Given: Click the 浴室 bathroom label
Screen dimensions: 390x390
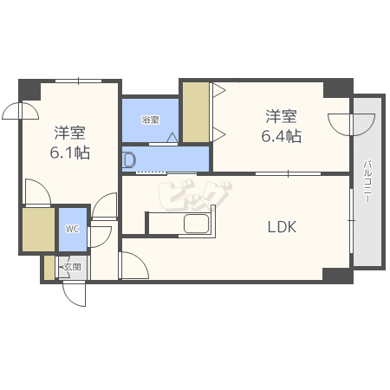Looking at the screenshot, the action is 151,120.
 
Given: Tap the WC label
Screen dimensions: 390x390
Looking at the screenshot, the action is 72,229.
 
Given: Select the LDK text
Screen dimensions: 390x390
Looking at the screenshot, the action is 282,227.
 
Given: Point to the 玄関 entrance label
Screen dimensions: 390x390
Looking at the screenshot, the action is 72,267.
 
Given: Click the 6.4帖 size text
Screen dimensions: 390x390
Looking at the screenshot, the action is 282,136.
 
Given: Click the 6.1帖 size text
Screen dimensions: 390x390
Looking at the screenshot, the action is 70,153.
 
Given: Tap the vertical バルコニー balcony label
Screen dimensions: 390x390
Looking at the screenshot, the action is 367,181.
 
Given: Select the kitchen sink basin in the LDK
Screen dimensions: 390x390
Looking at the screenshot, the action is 197,224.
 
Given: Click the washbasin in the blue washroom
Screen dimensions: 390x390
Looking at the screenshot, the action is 129,159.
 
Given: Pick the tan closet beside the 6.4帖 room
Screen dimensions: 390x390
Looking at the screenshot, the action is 196,112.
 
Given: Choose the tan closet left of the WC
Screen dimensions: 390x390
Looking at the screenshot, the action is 39,230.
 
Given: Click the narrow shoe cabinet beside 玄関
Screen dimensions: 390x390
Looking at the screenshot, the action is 49,268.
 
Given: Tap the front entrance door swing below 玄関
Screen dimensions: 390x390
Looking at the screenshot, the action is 74,294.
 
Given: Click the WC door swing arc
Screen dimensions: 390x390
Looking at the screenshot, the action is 100,237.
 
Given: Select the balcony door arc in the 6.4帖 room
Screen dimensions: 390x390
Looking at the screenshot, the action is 351,125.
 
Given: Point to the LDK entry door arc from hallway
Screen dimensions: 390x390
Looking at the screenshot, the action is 134,265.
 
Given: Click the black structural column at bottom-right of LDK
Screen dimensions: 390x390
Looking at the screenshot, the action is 338,276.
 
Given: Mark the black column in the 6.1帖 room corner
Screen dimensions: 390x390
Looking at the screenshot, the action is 29,90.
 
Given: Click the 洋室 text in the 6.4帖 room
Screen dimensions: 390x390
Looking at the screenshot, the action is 281,116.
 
